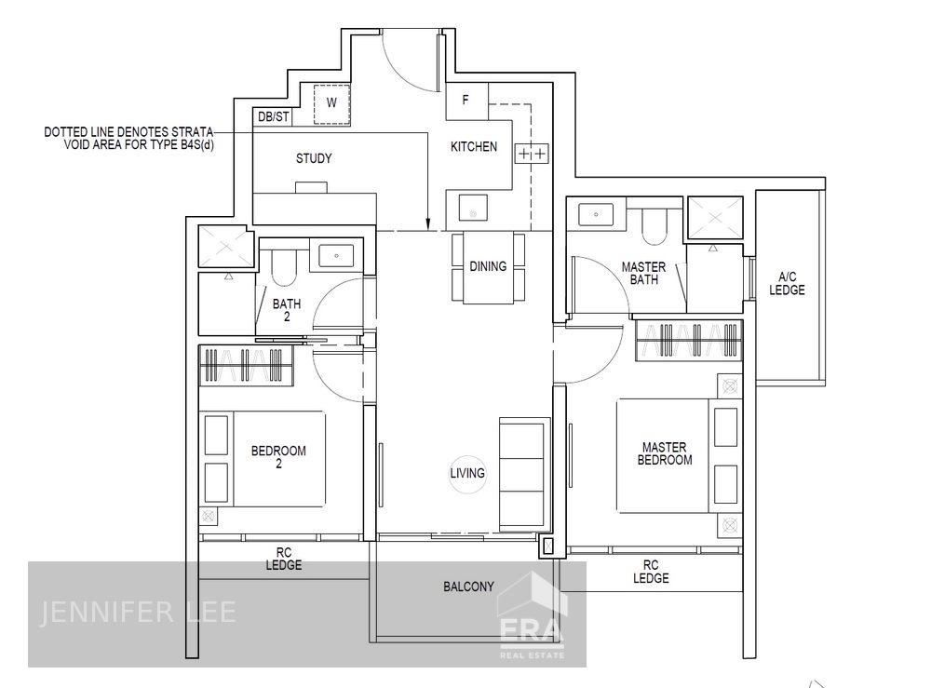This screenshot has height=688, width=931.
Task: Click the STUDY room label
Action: [314, 158]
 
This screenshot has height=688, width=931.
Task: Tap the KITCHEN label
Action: [474, 147]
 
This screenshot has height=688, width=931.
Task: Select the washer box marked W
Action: [331, 103]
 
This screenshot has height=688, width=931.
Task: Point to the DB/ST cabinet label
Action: [273, 117]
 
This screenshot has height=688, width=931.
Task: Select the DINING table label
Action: [488, 267]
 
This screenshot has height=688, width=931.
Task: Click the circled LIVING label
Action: [467, 473]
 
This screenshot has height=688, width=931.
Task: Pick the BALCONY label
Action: [468, 587]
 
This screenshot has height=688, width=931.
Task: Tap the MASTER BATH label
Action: [643, 274]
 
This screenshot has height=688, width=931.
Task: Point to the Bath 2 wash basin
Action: [332, 255]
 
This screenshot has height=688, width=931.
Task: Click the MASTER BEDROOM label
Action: [666, 453]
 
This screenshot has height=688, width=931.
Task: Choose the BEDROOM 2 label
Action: [278, 457]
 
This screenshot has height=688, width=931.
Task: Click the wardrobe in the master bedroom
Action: [689, 341]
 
